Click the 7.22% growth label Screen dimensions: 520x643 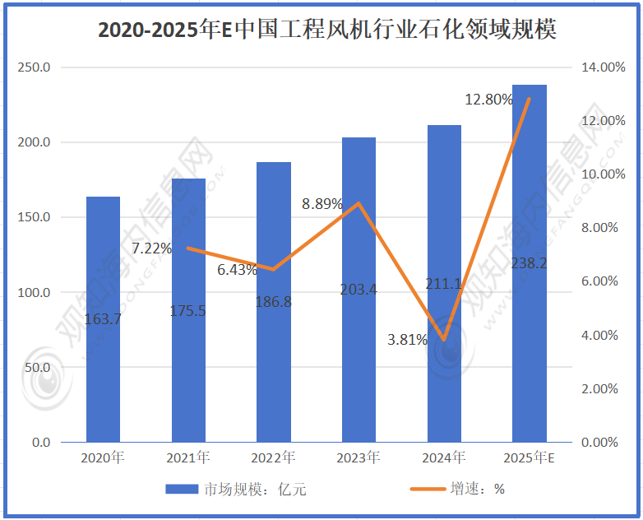click(152, 248)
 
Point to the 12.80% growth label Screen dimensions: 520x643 click(488, 100)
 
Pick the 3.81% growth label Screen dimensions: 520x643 click(407, 339)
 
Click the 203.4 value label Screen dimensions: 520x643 click(359, 289)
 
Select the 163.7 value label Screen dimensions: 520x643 click(103, 318)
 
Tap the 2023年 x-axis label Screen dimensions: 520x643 click(359, 457)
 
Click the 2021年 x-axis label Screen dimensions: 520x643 click(188, 457)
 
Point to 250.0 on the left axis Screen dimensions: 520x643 click(34, 67)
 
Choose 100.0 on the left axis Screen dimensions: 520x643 click(34, 292)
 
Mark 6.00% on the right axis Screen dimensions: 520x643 click(597, 281)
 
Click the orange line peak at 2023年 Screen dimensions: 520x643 click(359, 203)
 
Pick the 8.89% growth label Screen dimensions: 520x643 click(322, 204)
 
